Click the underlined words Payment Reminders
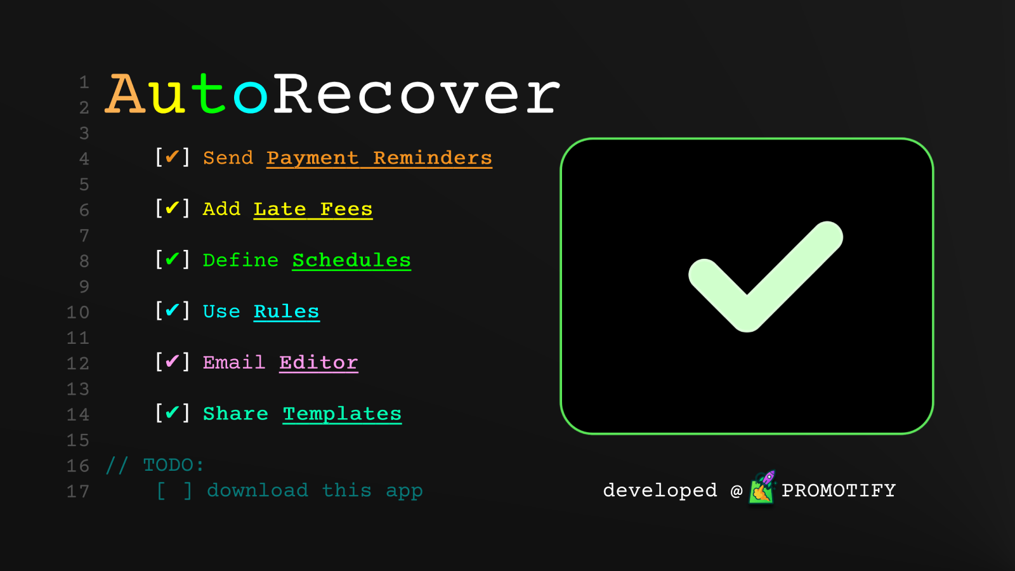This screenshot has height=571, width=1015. click(x=379, y=158)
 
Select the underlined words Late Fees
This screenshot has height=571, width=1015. click(x=313, y=209)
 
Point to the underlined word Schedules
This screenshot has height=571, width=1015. click(x=351, y=261)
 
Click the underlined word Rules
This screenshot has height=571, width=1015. click(x=286, y=312)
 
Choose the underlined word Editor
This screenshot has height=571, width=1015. click(x=318, y=363)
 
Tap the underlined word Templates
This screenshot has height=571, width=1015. click(x=342, y=414)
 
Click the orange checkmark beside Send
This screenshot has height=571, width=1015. click(x=172, y=157)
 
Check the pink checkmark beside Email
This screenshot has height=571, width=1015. click(x=172, y=361)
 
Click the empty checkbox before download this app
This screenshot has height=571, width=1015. click(x=174, y=491)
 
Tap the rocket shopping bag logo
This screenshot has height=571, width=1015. click(x=762, y=488)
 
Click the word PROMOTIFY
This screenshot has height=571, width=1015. click(x=839, y=491)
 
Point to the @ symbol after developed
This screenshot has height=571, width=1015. click(x=737, y=491)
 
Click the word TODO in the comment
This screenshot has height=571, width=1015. click(x=167, y=466)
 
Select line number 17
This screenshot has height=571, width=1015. click(x=78, y=492)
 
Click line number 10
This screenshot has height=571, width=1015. click(x=78, y=313)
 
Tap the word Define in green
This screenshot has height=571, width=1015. click(x=240, y=261)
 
